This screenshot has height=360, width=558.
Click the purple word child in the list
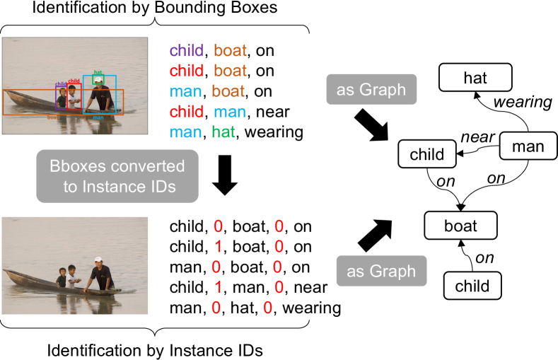186,51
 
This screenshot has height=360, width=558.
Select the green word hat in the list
223,132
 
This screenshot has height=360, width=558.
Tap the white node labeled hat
475,78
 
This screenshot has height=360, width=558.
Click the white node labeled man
528,146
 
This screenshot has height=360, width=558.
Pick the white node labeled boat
460,226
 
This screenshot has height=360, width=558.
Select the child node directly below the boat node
472,286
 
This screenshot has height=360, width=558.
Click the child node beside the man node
427,154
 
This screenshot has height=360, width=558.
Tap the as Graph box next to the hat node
371,90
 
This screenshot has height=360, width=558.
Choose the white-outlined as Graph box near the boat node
381,272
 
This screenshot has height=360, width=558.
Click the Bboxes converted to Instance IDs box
117,177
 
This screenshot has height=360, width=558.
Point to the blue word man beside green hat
186,132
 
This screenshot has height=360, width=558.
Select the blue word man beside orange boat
186,91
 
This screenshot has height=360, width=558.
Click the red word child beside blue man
186,112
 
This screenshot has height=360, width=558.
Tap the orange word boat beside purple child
231,51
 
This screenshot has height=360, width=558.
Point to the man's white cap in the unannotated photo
98,260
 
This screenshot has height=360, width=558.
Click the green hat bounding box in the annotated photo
98,80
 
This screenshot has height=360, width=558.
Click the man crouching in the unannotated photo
100,274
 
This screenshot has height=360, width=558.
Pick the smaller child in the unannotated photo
62,278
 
